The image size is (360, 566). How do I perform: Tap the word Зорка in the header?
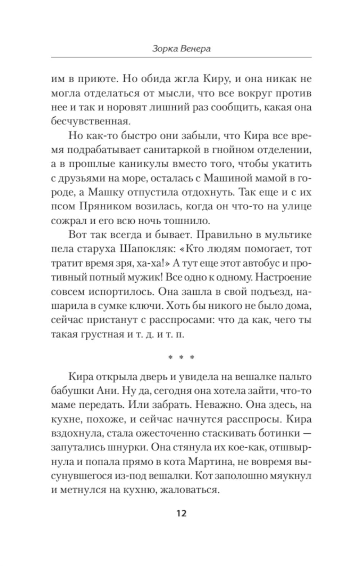click(x=163, y=49)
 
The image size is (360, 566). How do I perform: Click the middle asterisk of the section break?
click(x=181, y=358)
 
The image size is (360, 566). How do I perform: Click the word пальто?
click(x=295, y=377)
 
